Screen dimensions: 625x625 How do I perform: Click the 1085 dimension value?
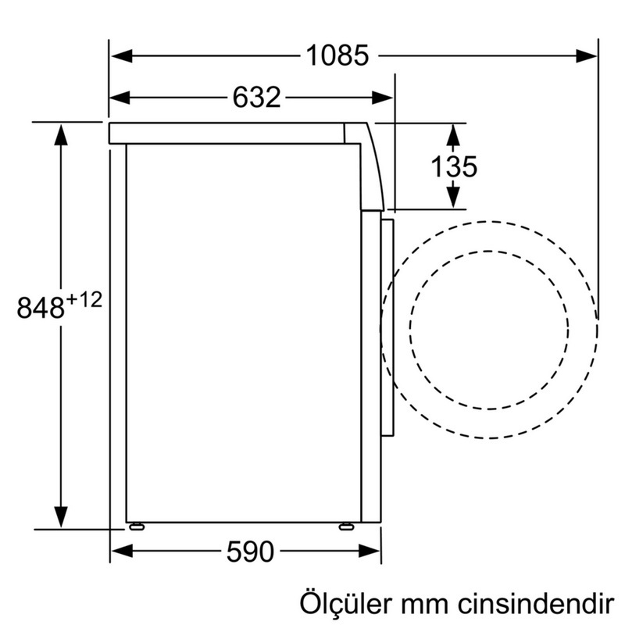click(x=337, y=55)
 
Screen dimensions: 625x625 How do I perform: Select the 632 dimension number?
click(x=256, y=97)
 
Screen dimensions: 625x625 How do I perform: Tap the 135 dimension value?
click(x=454, y=166)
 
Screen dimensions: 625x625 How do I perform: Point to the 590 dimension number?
click(x=250, y=552)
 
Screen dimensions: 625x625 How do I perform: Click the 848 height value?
click(x=41, y=307)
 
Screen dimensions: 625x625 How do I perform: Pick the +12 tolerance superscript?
click(x=84, y=300)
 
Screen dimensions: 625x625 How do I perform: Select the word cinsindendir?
click(x=536, y=604)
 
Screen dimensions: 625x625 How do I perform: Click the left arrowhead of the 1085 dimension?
click(x=122, y=55)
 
